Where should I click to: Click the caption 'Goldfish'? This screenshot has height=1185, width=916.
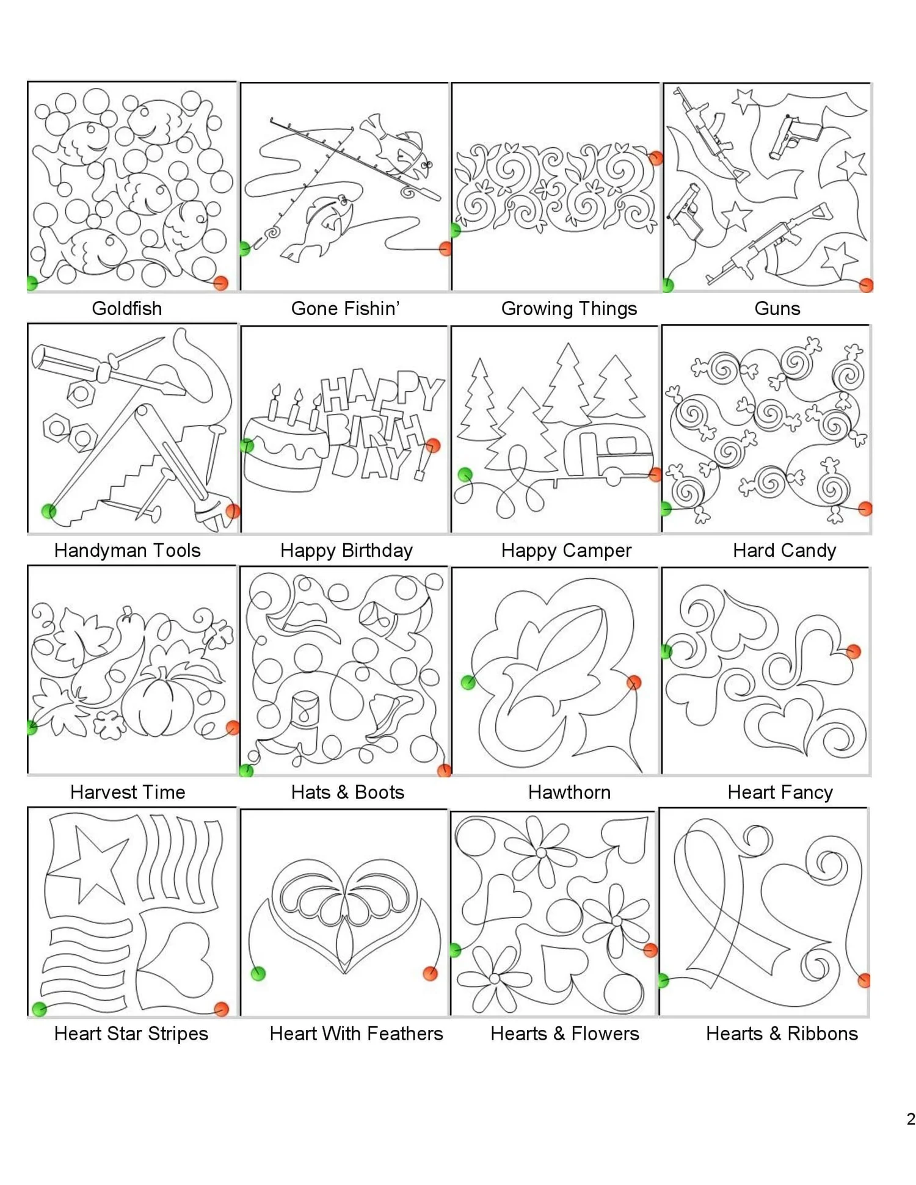point(127,308)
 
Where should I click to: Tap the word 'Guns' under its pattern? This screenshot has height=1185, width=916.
point(777,308)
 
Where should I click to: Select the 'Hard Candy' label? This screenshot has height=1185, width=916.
point(784,550)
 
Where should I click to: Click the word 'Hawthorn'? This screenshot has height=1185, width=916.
point(569,792)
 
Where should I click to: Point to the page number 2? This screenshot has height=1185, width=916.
point(911,1119)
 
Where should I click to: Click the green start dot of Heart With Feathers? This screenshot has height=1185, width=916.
point(258,973)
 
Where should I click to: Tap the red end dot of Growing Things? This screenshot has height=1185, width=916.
point(656,158)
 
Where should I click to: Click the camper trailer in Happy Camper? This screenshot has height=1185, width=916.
point(608,451)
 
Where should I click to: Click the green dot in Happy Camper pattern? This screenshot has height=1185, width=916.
point(465,474)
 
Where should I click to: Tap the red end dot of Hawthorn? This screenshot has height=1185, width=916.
point(634,682)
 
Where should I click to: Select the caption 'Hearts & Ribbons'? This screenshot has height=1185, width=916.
point(782,1034)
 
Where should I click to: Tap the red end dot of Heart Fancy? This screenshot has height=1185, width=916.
point(853,651)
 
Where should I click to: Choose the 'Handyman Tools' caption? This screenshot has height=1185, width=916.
point(127,550)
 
